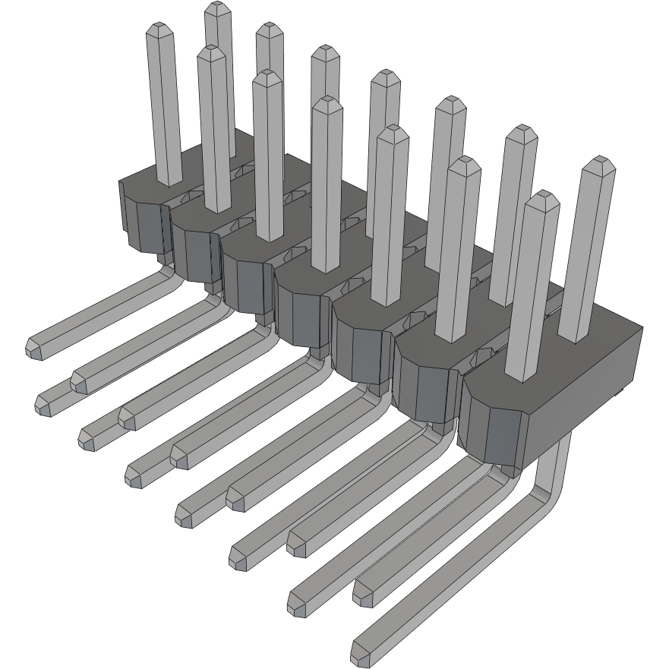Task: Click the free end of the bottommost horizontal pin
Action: (361, 652)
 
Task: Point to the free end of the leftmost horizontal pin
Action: (35, 347)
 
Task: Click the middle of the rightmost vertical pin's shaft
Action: (589, 251)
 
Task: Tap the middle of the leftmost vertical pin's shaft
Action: (165, 106)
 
